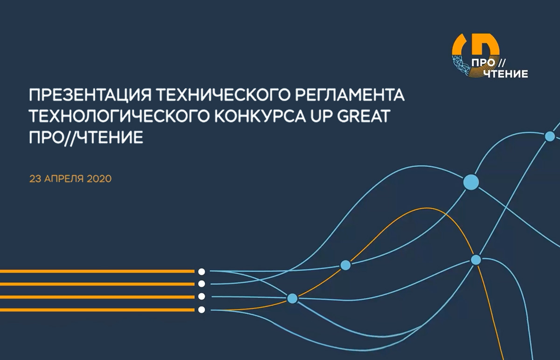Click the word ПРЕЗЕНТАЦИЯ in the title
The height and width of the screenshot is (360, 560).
coord(90,95)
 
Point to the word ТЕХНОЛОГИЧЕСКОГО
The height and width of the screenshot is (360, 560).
coord(119,116)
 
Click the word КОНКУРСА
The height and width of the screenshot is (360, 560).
coord(260,116)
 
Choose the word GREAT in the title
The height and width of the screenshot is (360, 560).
coord(363,116)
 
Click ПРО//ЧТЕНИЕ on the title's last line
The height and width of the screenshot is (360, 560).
coord(86,137)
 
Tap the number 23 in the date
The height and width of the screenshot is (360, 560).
coord(35,179)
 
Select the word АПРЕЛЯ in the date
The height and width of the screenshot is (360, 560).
coord(64,179)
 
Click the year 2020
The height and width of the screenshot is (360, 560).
coord(99,179)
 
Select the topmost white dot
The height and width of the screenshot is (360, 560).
coord(202,271)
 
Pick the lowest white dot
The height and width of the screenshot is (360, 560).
coord(202,310)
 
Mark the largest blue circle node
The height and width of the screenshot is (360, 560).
coord(471,182)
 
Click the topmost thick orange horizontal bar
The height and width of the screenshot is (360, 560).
coord(97,271)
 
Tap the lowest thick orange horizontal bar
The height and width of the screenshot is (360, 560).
coord(97,310)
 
